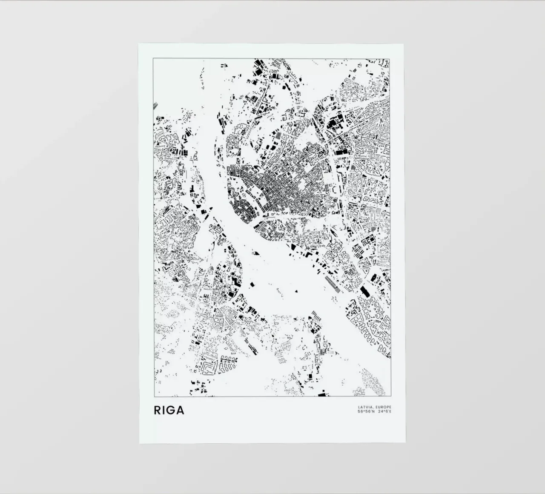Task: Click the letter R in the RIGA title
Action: tap(158, 410)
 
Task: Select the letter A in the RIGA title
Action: tap(180, 410)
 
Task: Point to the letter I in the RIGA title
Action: tap(164, 410)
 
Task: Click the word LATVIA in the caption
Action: tap(365, 407)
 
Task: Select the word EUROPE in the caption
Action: tap(383, 407)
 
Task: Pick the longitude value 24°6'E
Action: tap(384, 412)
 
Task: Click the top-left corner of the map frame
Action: tap(153, 58)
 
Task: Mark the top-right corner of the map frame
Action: tap(391, 58)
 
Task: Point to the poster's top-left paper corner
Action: tap(139, 43)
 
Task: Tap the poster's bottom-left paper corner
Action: tap(139, 443)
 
